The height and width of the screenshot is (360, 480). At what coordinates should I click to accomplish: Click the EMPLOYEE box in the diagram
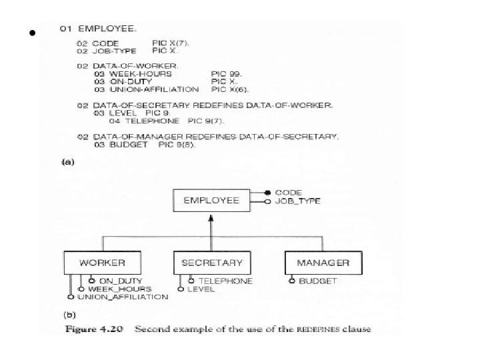click(x=211, y=200)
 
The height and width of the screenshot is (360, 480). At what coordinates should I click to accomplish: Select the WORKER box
click(x=101, y=262)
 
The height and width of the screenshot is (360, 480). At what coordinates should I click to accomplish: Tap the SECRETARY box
click(x=211, y=262)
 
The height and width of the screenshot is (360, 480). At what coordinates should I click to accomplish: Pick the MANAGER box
click(x=323, y=262)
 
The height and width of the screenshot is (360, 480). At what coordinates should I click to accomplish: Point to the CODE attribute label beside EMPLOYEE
click(x=288, y=192)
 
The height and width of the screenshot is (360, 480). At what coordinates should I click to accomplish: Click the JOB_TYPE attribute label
click(x=297, y=201)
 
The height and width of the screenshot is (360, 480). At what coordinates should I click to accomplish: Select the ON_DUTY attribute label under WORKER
click(x=120, y=281)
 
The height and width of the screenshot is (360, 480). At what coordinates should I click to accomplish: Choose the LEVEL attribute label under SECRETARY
click(x=201, y=289)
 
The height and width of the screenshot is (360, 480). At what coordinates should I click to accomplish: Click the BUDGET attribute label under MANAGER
click(x=318, y=281)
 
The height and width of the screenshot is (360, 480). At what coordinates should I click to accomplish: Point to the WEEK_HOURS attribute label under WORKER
click(x=119, y=289)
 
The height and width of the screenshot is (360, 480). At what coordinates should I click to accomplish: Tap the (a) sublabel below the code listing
click(x=67, y=161)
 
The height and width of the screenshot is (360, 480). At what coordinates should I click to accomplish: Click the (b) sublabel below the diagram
click(x=69, y=313)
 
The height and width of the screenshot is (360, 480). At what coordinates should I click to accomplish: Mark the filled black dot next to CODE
click(x=267, y=192)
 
